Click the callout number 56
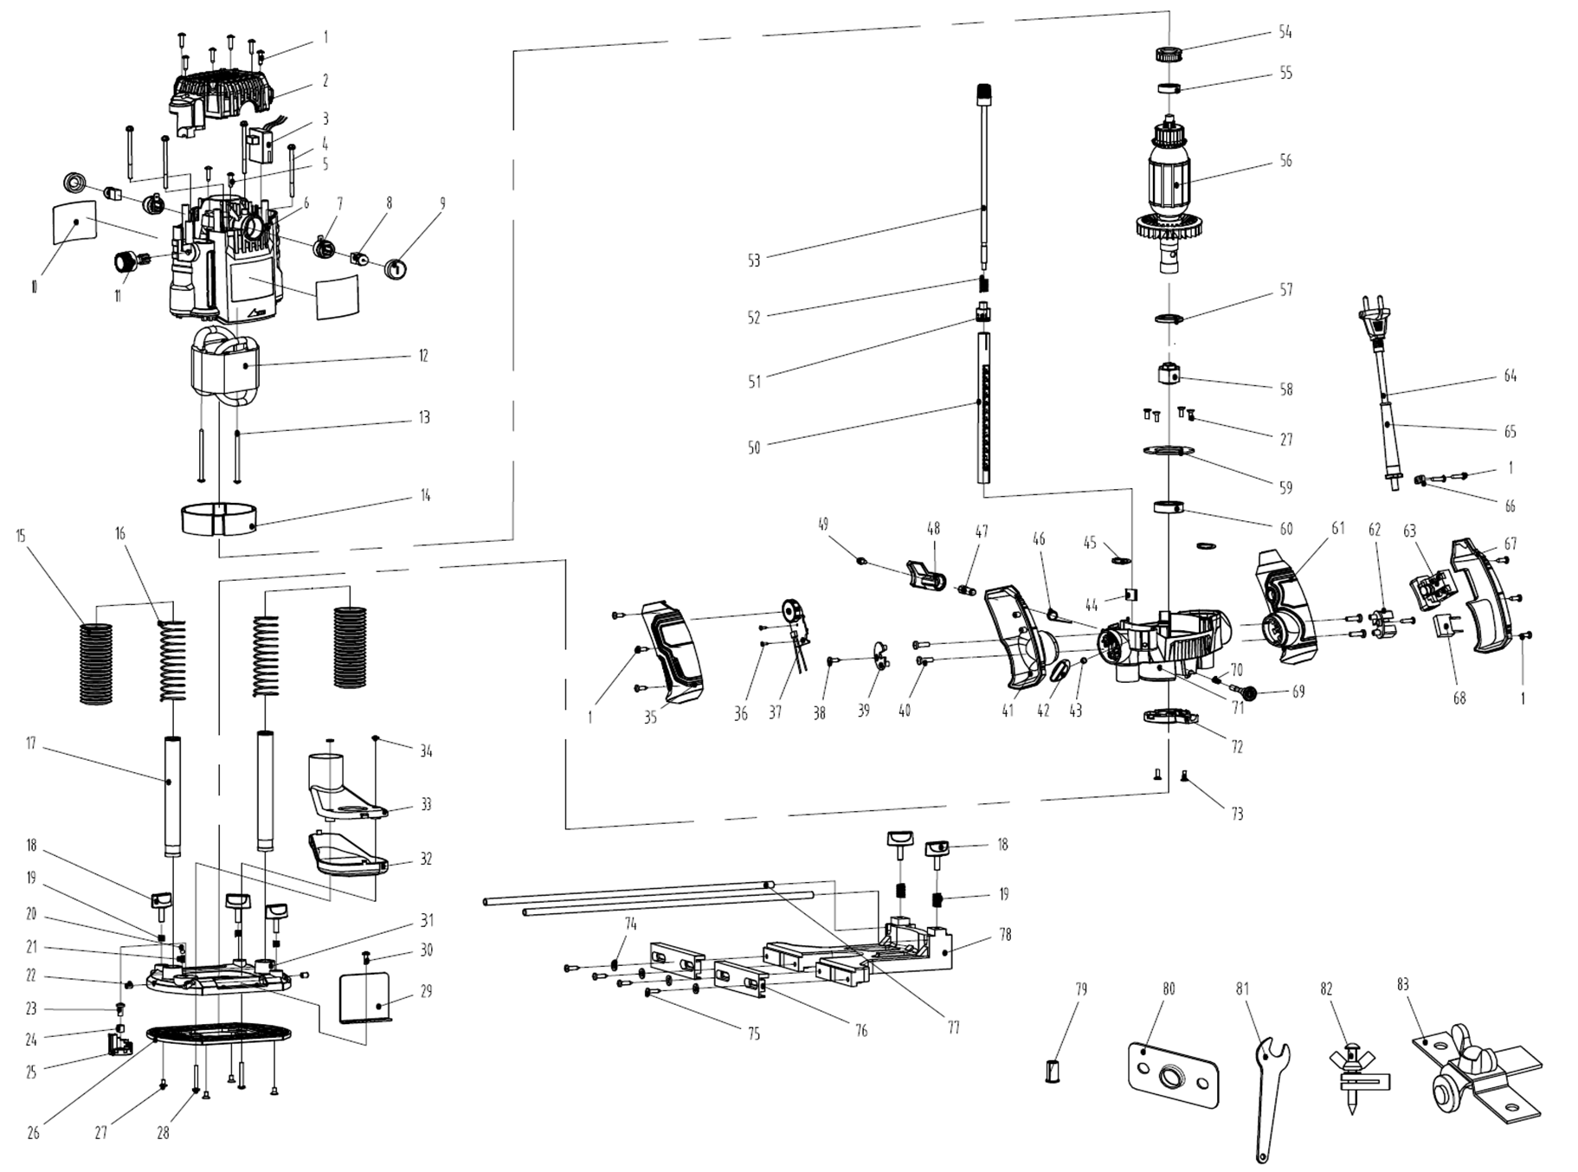click(x=1285, y=161)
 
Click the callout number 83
click(x=1402, y=985)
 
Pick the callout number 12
click(x=423, y=356)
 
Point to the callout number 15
click(x=21, y=537)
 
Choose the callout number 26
click(x=33, y=1133)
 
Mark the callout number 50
click(x=754, y=448)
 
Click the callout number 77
click(x=953, y=1028)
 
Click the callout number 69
click(x=1298, y=692)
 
